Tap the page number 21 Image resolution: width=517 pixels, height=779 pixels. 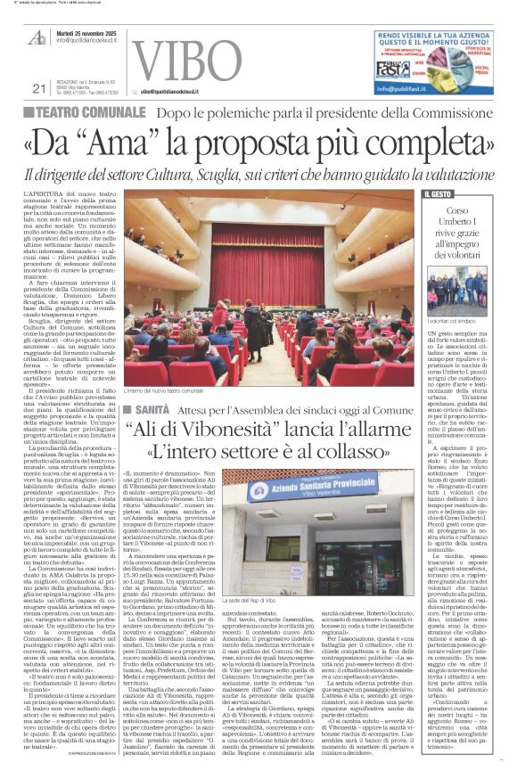coord(38,87)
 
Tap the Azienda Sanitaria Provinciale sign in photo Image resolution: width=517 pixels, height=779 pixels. coord(308,487)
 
